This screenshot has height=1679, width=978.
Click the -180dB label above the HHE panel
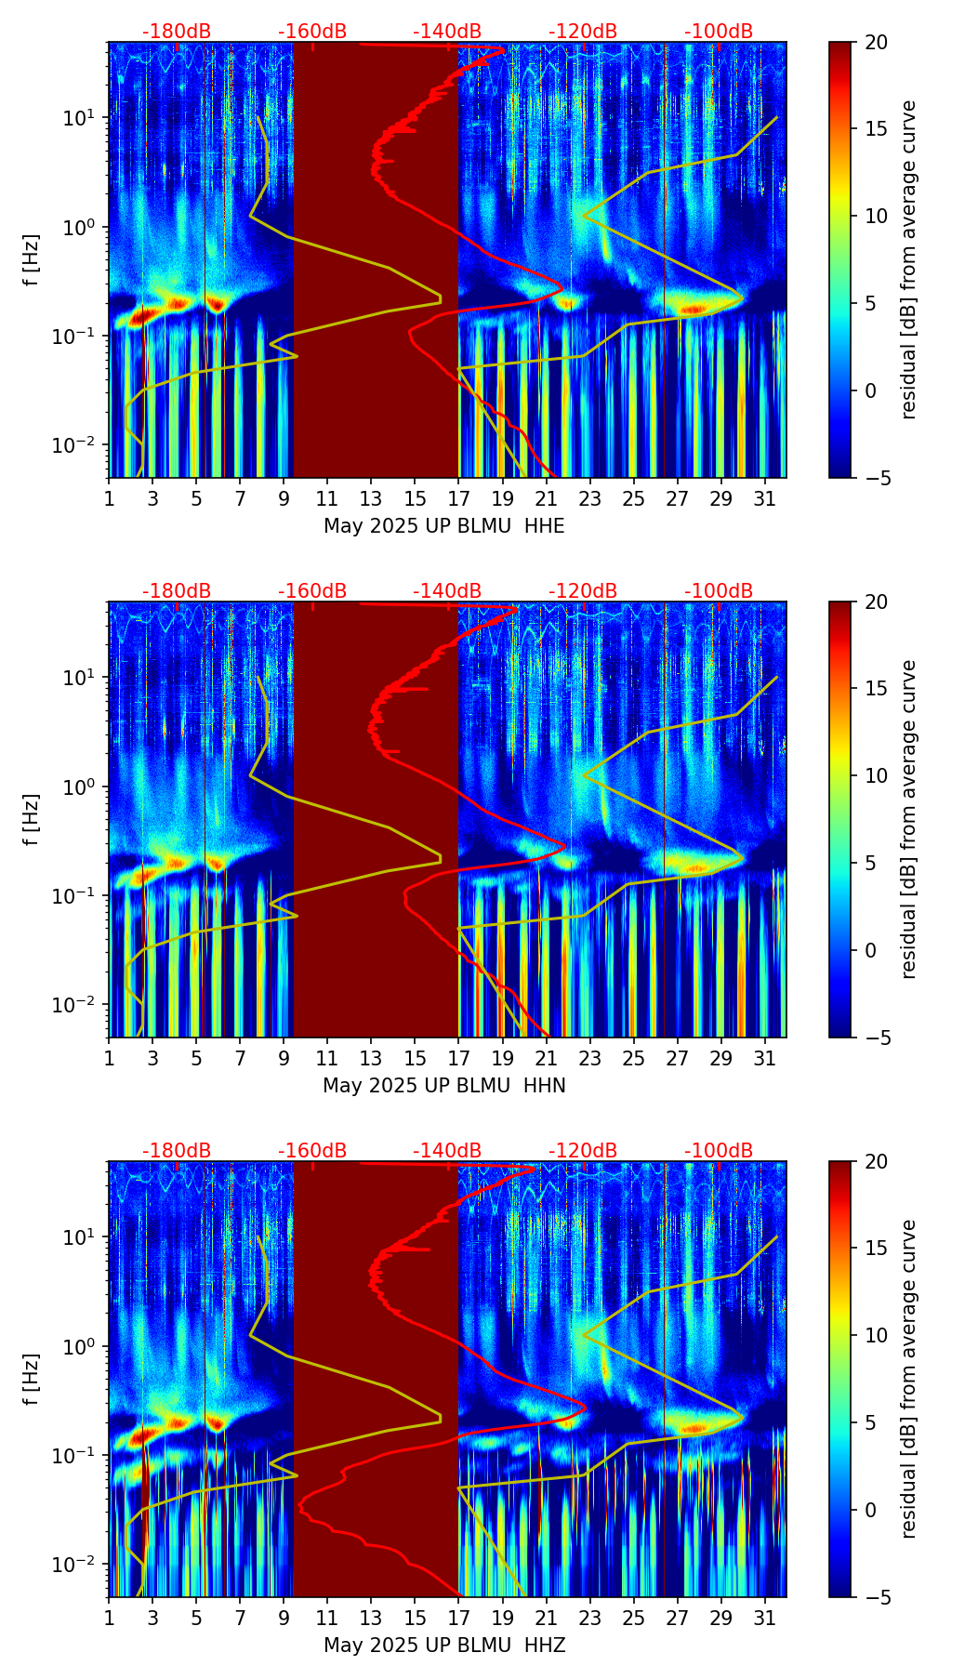[x=177, y=32]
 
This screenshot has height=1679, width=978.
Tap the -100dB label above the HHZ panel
[x=719, y=1151]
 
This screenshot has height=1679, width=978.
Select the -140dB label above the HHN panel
[x=447, y=591]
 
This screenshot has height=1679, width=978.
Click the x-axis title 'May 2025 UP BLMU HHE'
[x=443, y=526]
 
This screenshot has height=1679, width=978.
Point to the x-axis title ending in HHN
[x=443, y=1086]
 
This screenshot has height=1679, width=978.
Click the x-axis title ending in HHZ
[x=443, y=1646]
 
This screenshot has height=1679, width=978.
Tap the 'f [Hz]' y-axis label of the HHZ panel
[x=32, y=1379]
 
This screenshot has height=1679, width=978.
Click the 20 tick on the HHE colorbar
[x=878, y=43]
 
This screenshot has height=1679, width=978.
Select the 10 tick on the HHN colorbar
[x=878, y=775]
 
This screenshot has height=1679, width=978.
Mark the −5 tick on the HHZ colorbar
[x=878, y=1597]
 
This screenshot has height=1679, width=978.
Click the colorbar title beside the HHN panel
[x=909, y=819]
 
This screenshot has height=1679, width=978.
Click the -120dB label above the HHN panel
[x=583, y=591]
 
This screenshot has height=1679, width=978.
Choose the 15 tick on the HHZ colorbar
[x=878, y=1249]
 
